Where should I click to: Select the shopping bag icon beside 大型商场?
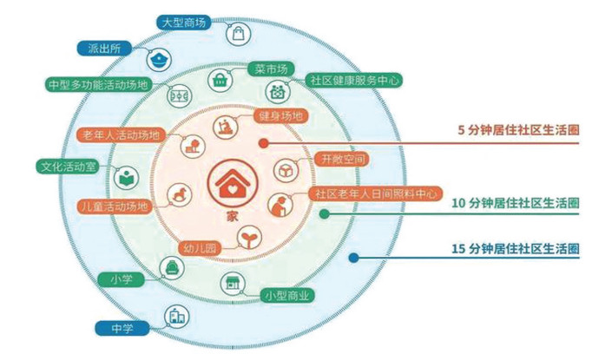237,34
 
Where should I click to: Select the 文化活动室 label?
65,166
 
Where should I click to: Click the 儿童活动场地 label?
114,207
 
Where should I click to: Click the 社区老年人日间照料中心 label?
375,193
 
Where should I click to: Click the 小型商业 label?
288,296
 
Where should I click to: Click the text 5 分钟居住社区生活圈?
519,130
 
